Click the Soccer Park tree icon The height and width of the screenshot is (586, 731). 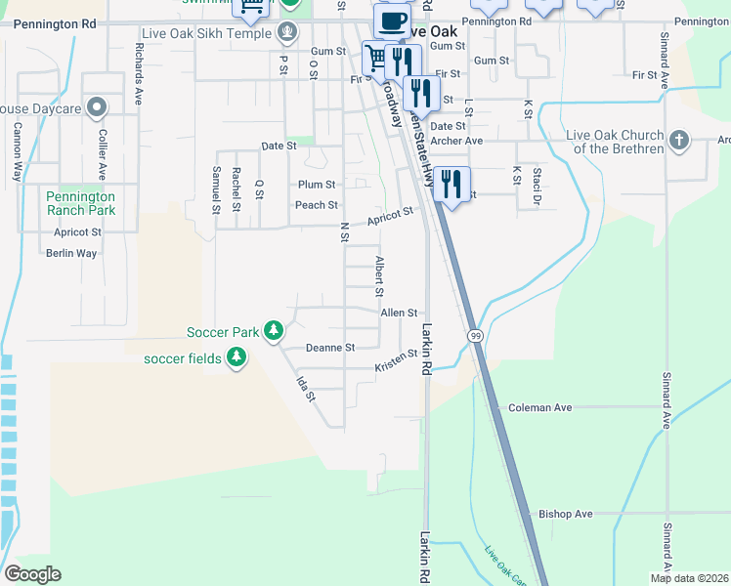(275, 332)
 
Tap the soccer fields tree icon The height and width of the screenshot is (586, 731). (236, 358)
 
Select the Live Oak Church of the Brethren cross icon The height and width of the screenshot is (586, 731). (680, 142)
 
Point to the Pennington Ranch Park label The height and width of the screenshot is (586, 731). (81, 203)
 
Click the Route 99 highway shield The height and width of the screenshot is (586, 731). (475, 335)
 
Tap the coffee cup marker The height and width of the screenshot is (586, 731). (391, 20)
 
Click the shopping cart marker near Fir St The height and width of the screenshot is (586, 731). (375, 57)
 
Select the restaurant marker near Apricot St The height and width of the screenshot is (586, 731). (451, 183)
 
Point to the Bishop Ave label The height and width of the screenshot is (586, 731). (566, 514)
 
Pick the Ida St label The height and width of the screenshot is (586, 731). (307, 390)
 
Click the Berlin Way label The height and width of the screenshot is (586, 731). (71, 253)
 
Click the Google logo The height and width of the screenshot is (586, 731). (33, 574)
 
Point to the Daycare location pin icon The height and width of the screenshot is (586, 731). (96, 107)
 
